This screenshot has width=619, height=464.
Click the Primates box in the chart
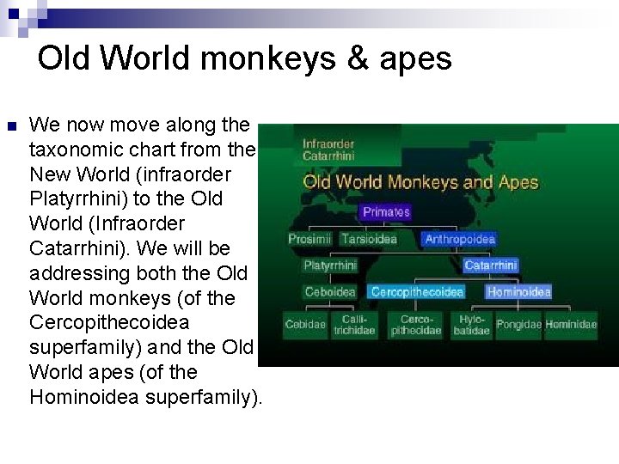click(x=386, y=211)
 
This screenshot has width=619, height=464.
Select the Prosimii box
click(x=309, y=239)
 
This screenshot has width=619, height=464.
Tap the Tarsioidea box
click(x=369, y=239)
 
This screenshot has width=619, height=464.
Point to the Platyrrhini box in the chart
click(x=330, y=266)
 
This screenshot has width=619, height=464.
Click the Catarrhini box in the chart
click(x=491, y=266)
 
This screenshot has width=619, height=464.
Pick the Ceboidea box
click(x=330, y=292)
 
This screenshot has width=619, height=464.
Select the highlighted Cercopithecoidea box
click(x=417, y=292)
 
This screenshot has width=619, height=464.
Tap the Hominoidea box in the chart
click(x=518, y=292)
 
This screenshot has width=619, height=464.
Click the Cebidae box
click(x=305, y=325)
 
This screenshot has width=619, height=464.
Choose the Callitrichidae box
click(x=354, y=325)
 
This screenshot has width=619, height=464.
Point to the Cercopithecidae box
click(x=411, y=325)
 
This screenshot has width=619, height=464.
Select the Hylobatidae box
click(x=471, y=325)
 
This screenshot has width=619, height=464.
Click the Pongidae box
click(x=518, y=325)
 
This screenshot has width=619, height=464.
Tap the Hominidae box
click(x=571, y=325)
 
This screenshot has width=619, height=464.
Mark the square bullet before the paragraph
click(x=11, y=127)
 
